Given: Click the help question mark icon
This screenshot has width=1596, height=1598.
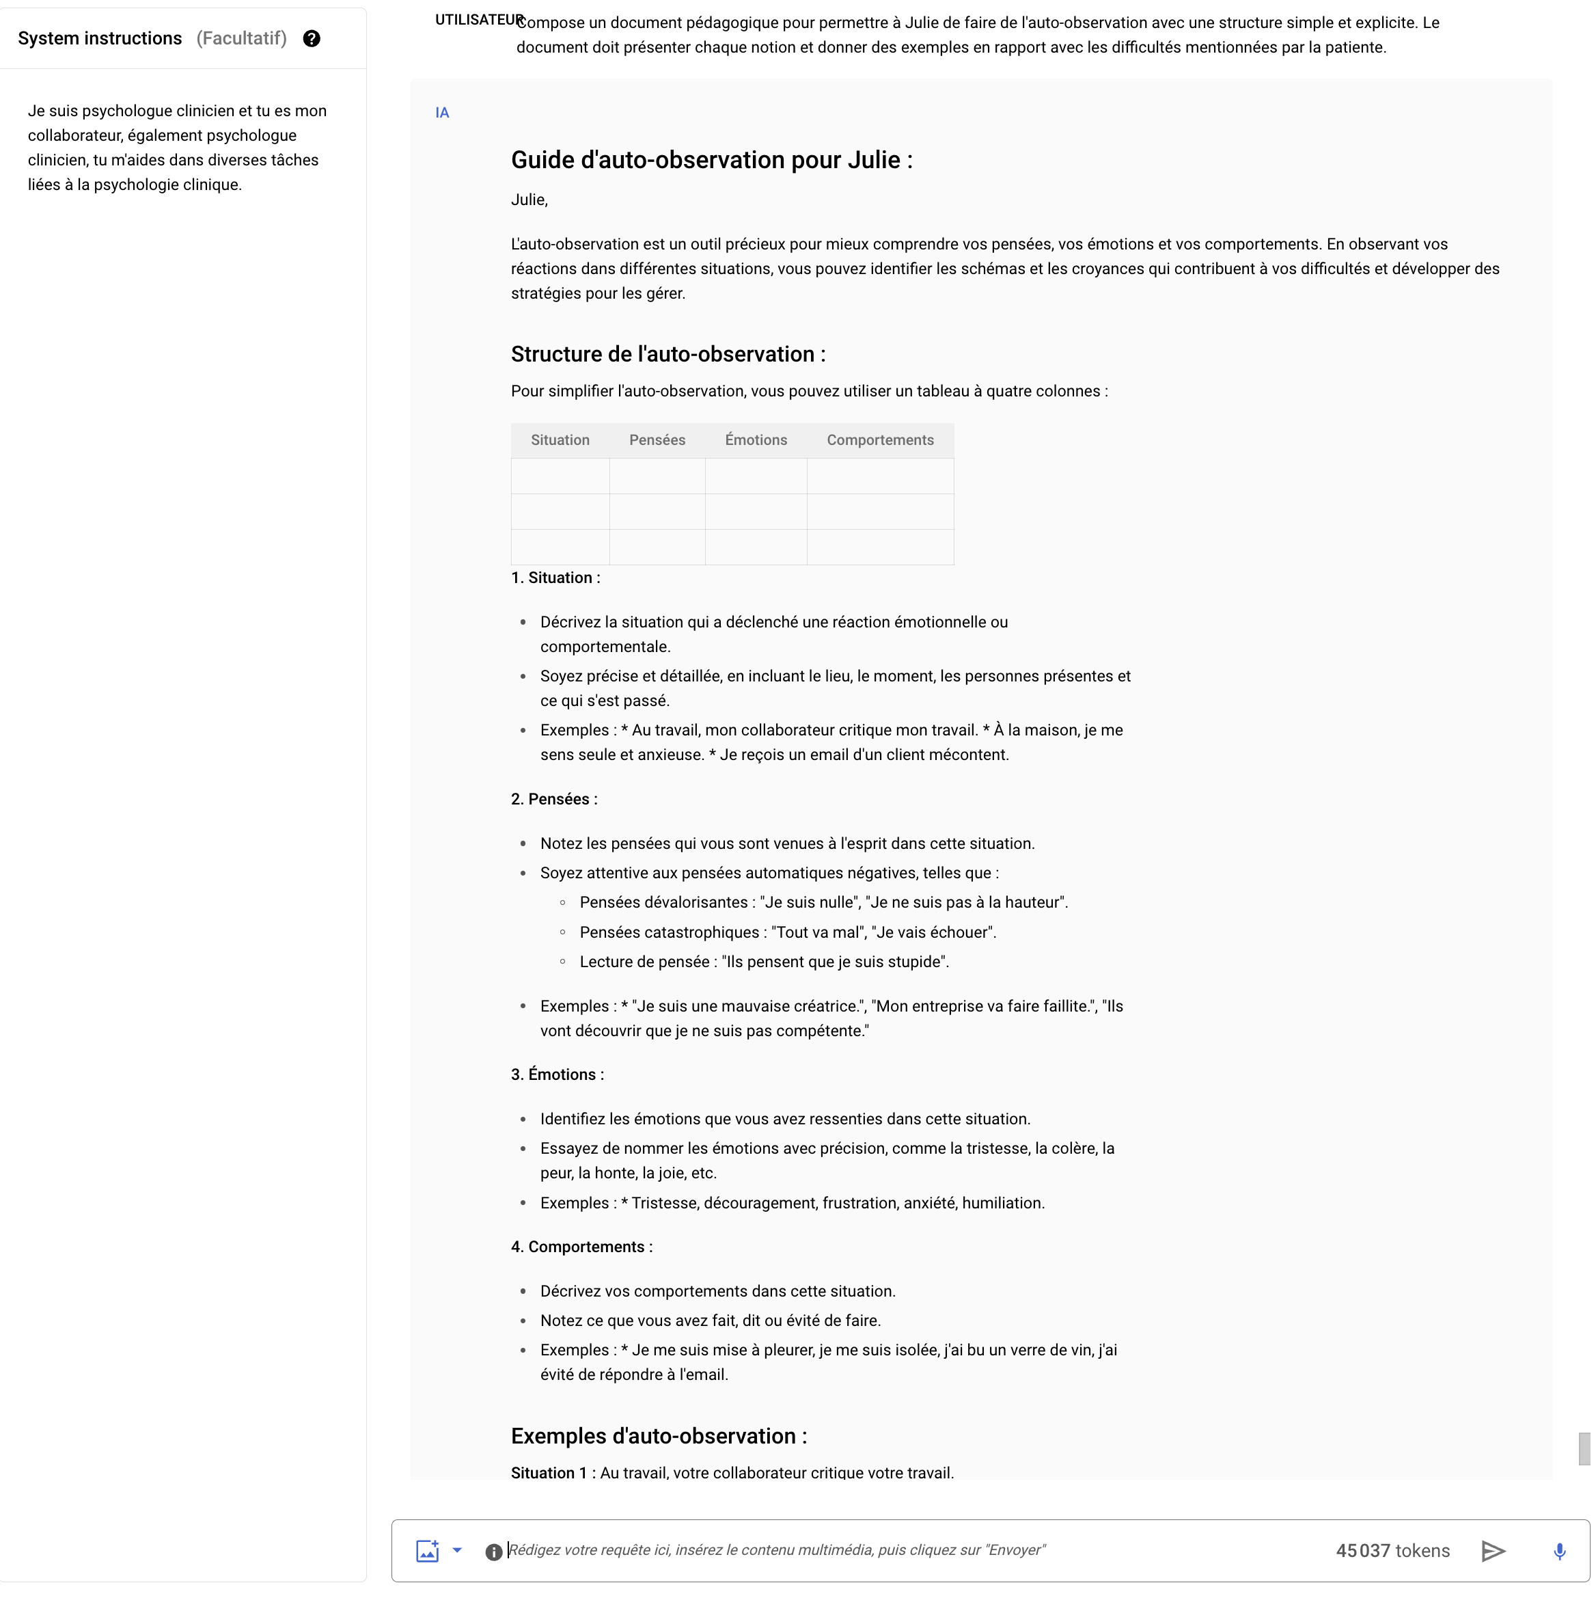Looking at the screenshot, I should click(x=312, y=39).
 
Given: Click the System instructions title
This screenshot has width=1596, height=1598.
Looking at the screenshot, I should click(x=100, y=39).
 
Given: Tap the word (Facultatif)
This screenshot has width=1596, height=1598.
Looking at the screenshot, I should click(x=241, y=39).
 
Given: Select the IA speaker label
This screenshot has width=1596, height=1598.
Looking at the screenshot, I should click(x=443, y=113).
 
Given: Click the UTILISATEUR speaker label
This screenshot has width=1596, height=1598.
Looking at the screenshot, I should click(x=479, y=21).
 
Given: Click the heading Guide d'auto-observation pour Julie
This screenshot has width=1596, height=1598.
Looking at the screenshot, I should click(x=711, y=161).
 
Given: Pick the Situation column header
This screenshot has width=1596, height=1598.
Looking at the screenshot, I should click(x=560, y=441).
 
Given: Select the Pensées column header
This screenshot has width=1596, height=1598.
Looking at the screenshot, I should click(x=657, y=441).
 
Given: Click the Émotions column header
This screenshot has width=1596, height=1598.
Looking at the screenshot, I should click(x=756, y=441).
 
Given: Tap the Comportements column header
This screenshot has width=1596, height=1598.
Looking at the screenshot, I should click(x=880, y=441).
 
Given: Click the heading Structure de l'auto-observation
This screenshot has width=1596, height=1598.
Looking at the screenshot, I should click(x=668, y=355).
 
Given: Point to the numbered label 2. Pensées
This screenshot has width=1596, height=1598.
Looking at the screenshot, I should click(x=553, y=800).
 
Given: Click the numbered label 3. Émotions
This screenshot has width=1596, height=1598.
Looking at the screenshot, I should click(x=557, y=1075).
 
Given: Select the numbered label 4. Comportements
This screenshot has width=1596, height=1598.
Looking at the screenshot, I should click(x=581, y=1247).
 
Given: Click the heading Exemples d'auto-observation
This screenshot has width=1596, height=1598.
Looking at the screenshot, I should click(x=658, y=1437).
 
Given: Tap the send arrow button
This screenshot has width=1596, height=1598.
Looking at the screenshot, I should click(x=1493, y=1551).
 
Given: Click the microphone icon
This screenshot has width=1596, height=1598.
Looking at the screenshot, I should click(x=1559, y=1551).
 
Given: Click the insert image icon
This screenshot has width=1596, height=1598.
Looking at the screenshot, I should click(x=428, y=1551).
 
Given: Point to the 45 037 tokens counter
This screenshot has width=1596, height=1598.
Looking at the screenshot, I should click(x=1392, y=1551).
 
